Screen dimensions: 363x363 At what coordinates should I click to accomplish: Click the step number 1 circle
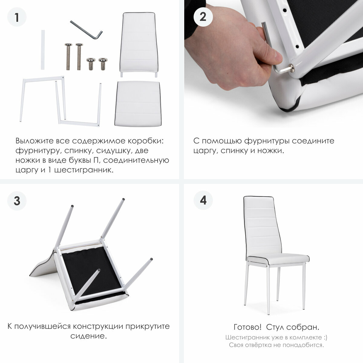[x=17, y=17]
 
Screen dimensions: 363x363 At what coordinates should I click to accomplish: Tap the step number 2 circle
[x=203, y=17]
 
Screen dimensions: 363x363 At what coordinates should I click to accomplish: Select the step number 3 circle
[x=17, y=201]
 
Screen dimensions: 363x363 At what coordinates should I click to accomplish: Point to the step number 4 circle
[x=203, y=200]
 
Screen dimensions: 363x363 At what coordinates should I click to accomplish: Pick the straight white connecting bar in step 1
[x=43, y=50]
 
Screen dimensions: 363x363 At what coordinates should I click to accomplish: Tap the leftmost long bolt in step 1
[x=68, y=57]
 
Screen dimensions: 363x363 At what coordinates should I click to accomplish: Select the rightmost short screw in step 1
[x=103, y=64]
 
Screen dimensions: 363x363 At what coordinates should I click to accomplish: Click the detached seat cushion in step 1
[x=138, y=104]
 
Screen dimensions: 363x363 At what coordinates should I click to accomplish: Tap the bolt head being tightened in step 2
[x=292, y=68]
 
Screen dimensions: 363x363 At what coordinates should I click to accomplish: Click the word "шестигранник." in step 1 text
[x=84, y=170]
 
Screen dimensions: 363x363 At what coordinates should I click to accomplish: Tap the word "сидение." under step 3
[x=89, y=336]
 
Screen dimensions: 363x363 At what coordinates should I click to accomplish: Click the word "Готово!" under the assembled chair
[x=247, y=327]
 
